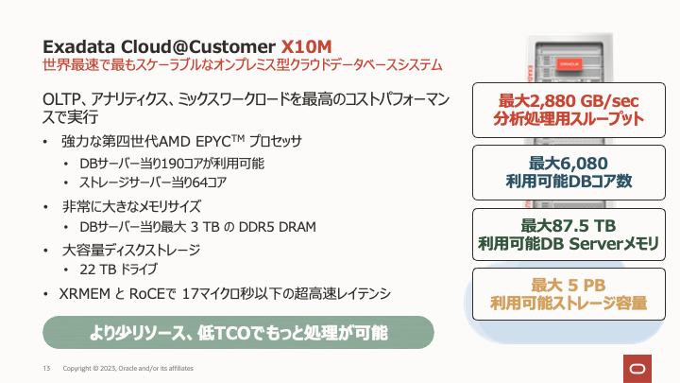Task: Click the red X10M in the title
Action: [x=305, y=45]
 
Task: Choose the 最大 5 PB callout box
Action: [x=569, y=294]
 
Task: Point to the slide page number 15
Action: [x=45, y=367]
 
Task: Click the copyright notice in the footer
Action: [x=128, y=367]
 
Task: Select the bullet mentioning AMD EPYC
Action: [x=179, y=142]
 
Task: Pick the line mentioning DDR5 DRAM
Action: [x=197, y=227]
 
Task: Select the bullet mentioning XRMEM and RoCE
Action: [x=226, y=292]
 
